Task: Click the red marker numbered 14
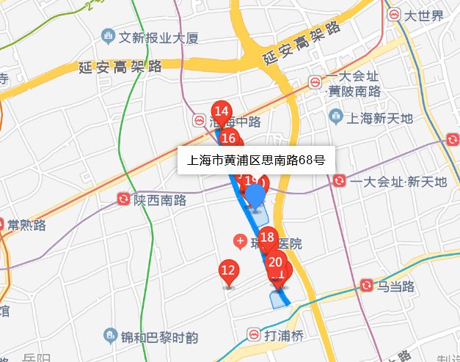click(221, 113)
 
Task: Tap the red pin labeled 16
click(228, 138)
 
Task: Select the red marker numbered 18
click(267, 237)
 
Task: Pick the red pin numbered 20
click(276, 262)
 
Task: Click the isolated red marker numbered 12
click(228, 270)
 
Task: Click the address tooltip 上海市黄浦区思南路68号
click(257, 159)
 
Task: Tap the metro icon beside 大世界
click(395, 15)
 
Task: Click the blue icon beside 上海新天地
click(336, 116)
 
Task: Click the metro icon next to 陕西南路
click(123, 199)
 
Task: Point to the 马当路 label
click(396, 286)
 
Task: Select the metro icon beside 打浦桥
click(252, 336)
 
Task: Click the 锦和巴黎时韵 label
click(159, 338)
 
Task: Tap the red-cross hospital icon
click(239, 240)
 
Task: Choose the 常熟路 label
click(26, 224)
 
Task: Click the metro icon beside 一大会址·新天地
click(339, 181)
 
